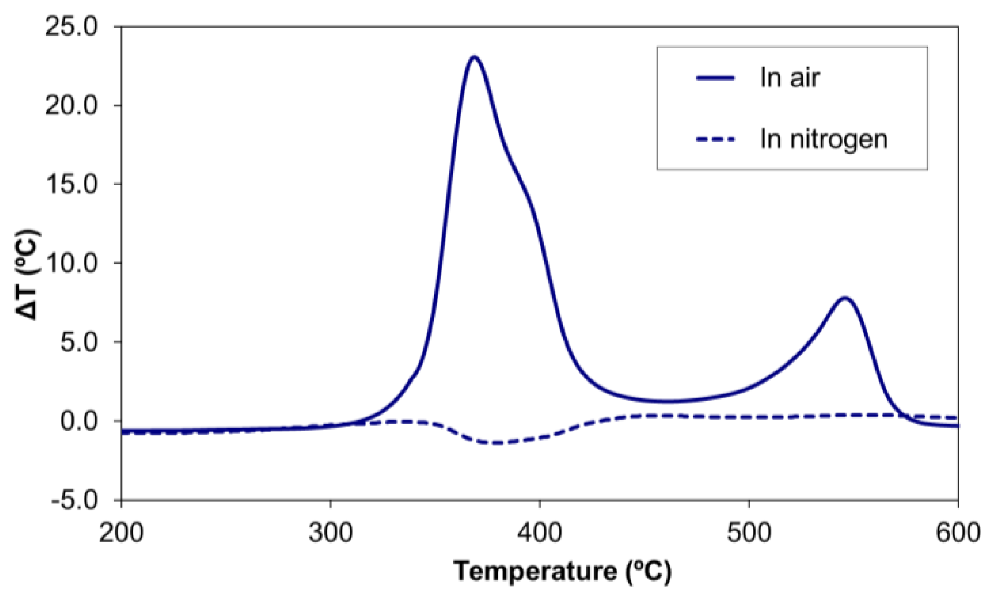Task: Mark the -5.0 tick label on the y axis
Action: (74, 500)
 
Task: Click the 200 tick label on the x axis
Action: (121, 532)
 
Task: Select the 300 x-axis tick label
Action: (331, 532)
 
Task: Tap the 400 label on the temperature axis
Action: (540, 532)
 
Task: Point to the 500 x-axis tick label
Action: (749, 532)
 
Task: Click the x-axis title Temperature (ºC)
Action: (563, 571)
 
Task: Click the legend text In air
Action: (789, 78)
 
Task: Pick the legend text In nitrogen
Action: (824, 139)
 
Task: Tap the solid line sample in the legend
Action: (715, 78)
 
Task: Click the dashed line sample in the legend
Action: (715, 139)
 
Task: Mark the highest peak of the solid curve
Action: (474, 57)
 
